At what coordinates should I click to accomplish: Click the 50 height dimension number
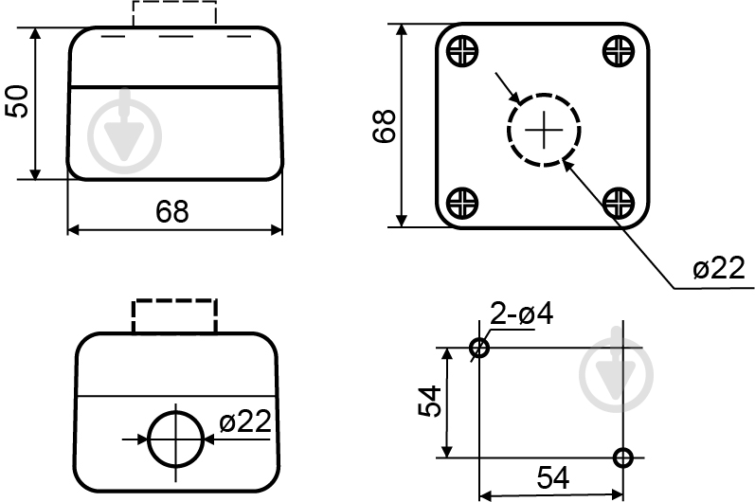(x=18, y=101)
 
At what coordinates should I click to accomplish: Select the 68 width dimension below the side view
(x=172, y=211)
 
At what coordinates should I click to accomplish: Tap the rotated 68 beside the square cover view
(x=384, y=126)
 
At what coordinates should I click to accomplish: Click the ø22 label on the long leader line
(x=717, y=269)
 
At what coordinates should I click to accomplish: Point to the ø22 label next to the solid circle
(x=244, y=421)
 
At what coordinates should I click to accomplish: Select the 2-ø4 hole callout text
(x=522, y=314)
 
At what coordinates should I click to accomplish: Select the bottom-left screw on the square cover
(x=462, y=201)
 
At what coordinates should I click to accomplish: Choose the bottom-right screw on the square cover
(x=619, y=201)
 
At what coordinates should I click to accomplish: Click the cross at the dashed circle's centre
(x=543, y=129)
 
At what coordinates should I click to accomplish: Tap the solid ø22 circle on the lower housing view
(x=176, y=439)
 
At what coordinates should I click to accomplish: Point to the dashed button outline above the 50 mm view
(x=174, y=13)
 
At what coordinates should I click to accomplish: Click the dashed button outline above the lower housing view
(x=175, y=315)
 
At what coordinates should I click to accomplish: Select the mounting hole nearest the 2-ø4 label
(x=479, y=348)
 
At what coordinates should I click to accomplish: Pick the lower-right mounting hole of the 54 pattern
(x=622, y=457)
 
